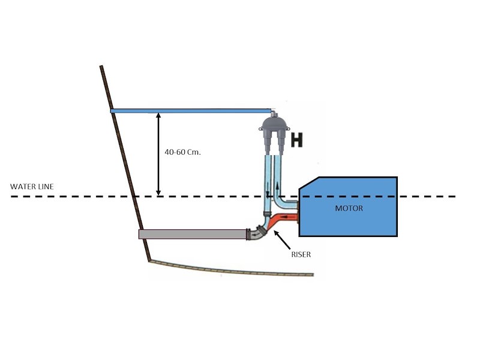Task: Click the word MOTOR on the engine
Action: pyautogui.click(x=349, y=209)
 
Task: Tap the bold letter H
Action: pyautogui.click(x=296, y=140)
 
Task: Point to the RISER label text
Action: pyautogui.click(x=300, y=254)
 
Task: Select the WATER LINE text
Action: pyautogui.click(x=32, y=187)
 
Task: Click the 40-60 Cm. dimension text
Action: pyautogui.click(x=182, y=152)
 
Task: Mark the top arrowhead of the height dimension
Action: pyautogui.click(x=158, y=116)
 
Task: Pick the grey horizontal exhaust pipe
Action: pyautogui.click(x=192, y=234)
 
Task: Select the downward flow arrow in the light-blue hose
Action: pyautogui.click(x=268, y=195)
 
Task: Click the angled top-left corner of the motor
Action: pyautogui.click(x=307, y=185)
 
